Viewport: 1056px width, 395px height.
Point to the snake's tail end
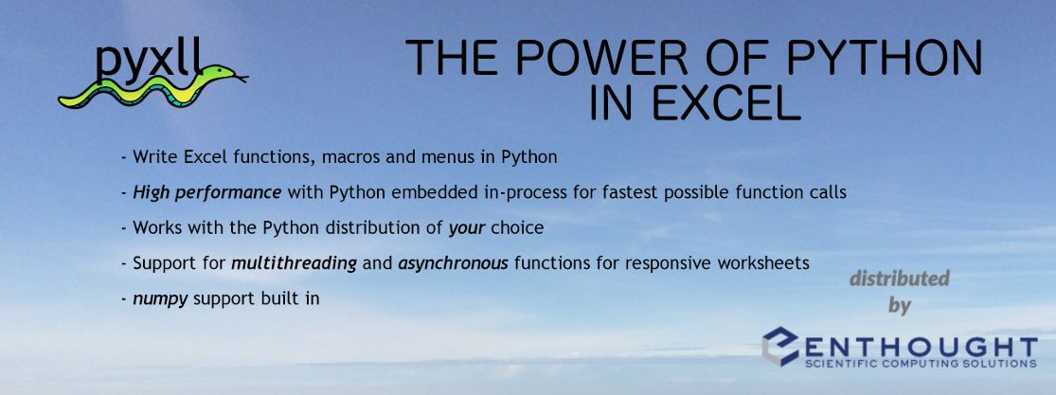click(63, 101)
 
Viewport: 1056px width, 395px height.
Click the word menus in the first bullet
click(449, 157)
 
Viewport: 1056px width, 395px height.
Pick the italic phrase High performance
click(207, 193)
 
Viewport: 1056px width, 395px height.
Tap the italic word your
click(467, 228)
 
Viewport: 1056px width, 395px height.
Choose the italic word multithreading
click(295, 263)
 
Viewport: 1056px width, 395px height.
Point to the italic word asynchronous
click(454, 263)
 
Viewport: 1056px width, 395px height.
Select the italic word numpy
click(160, 298)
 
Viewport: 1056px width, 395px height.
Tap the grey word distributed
click(899, 278)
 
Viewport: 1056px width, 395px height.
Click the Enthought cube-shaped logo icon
click(780, 347)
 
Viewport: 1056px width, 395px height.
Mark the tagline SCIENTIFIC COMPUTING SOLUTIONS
click(921, 364)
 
